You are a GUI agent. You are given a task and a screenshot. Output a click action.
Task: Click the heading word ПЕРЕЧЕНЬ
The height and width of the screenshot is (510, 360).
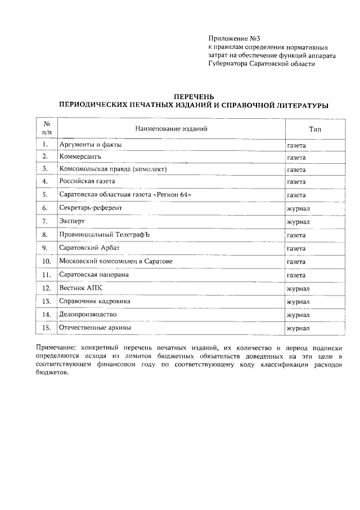point(193,97)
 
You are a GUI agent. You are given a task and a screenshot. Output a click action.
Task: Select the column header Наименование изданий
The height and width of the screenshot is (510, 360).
point(171,129)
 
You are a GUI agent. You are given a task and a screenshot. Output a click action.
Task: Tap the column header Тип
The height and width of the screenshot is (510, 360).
point(314,129)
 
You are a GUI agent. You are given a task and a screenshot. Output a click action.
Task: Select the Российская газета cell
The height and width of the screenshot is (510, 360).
point(87,182)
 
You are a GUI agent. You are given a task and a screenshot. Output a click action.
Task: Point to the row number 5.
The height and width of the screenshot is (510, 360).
point(44,195)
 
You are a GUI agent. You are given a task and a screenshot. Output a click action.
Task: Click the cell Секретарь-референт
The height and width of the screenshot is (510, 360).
point(91,208)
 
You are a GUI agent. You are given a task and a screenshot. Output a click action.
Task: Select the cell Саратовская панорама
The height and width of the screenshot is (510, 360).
point(94,275)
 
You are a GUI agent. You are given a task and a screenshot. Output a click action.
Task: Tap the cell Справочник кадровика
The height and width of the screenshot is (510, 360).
point(95,301)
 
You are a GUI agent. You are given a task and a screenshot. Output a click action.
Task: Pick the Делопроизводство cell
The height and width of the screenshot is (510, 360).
point(88,314)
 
